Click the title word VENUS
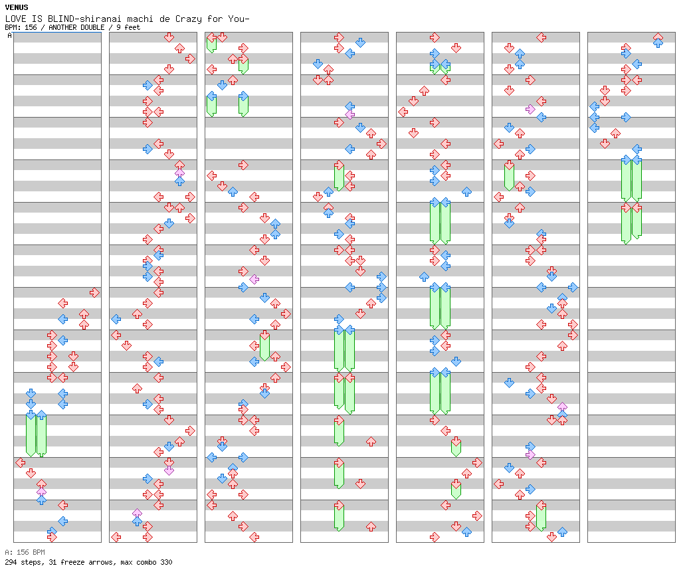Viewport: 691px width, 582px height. click(16, 7)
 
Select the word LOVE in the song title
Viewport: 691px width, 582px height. click(15, 19)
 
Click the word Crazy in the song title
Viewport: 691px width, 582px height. click(179, 19)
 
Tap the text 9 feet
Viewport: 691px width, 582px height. click(128, 27)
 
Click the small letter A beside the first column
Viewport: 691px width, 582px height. click(9, 36)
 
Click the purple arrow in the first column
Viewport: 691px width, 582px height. click(41, 493)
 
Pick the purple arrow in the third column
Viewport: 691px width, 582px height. click(254, 279)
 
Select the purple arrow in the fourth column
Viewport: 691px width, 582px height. click(349, 114)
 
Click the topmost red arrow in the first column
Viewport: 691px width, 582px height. click(94, 292)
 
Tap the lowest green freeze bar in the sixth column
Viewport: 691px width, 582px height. click(541, 517)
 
